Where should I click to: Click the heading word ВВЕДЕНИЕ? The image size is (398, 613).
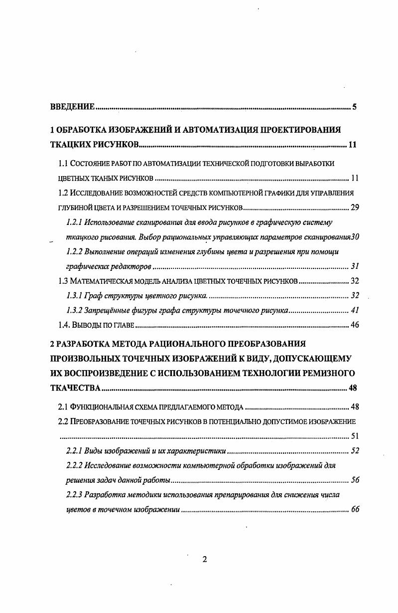click(73, 107)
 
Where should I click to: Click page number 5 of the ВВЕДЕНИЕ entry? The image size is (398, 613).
click(354, 107)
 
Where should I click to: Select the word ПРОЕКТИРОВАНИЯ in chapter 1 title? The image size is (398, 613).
click(299, 131)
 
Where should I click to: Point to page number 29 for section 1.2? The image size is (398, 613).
click(355, 207)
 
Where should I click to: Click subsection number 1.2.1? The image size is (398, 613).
click(75, 222)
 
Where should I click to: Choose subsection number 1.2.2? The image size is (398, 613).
click(75, 251)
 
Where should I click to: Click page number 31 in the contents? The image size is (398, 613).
click(355, 266)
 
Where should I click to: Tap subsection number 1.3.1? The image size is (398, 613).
click(75, 295)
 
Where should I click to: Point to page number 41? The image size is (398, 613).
click(355, 310)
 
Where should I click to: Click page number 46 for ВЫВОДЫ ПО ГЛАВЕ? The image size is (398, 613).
click(355, 325)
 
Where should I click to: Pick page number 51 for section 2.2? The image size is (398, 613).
click(355, 436)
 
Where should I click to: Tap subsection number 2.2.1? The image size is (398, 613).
click(75, 451)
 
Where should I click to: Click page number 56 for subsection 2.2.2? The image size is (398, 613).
click(355, 480)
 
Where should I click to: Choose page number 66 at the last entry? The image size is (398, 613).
click(355, 510)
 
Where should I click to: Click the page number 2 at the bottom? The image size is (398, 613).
click(204, 559)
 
